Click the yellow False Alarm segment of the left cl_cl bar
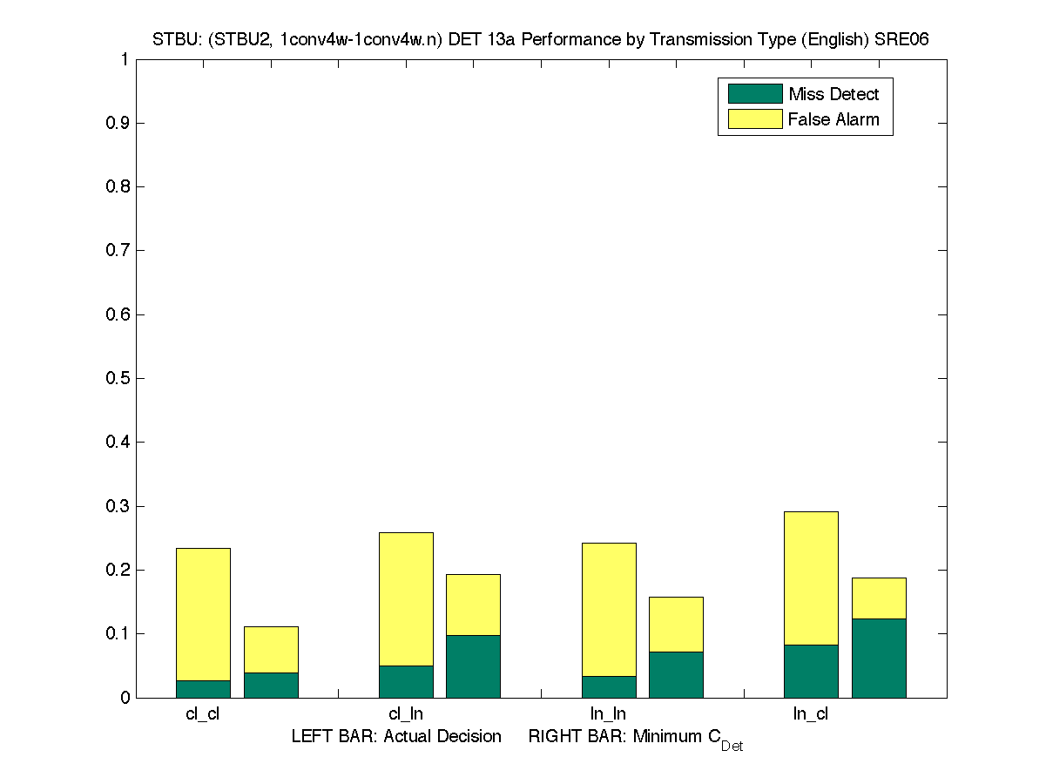[x=203, y=614]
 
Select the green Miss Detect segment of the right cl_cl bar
[x=271, y=685]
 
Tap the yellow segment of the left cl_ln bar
[x=406, y=598]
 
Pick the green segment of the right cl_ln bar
[x=473, y=666]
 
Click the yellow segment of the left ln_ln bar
[x=609, y=609]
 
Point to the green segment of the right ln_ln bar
[x=676, y=675]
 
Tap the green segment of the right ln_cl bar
[x=879, y=659]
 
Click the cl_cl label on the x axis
[x=203, y=714]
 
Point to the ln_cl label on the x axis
[x=811, y=714]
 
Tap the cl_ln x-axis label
[x=406, y=714]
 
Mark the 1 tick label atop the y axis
[x=125, y=59]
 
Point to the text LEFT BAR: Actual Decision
[x=396, y=737]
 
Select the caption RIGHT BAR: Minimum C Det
[x=636, y=739]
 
